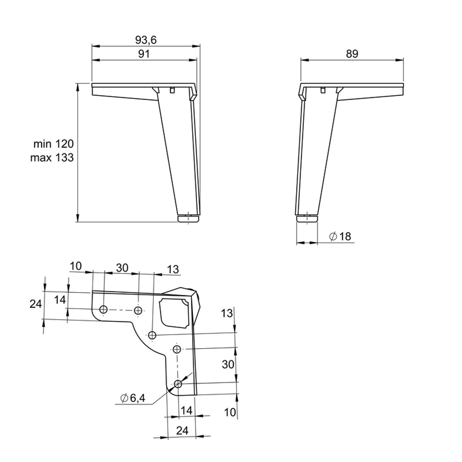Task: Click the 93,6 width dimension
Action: click(x=146, y=40)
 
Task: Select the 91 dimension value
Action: click(x=144, y=54)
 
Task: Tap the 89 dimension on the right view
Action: click(x=352, y=54)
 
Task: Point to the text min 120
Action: click(x=53, y=144)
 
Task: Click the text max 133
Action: click(x=52, y=157)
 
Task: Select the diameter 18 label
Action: click(x=341, y=236)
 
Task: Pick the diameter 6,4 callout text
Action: click(x=133, y=398)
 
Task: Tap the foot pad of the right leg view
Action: click(x=307, y=219)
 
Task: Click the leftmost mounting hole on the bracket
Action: click(x=104, y=309)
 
